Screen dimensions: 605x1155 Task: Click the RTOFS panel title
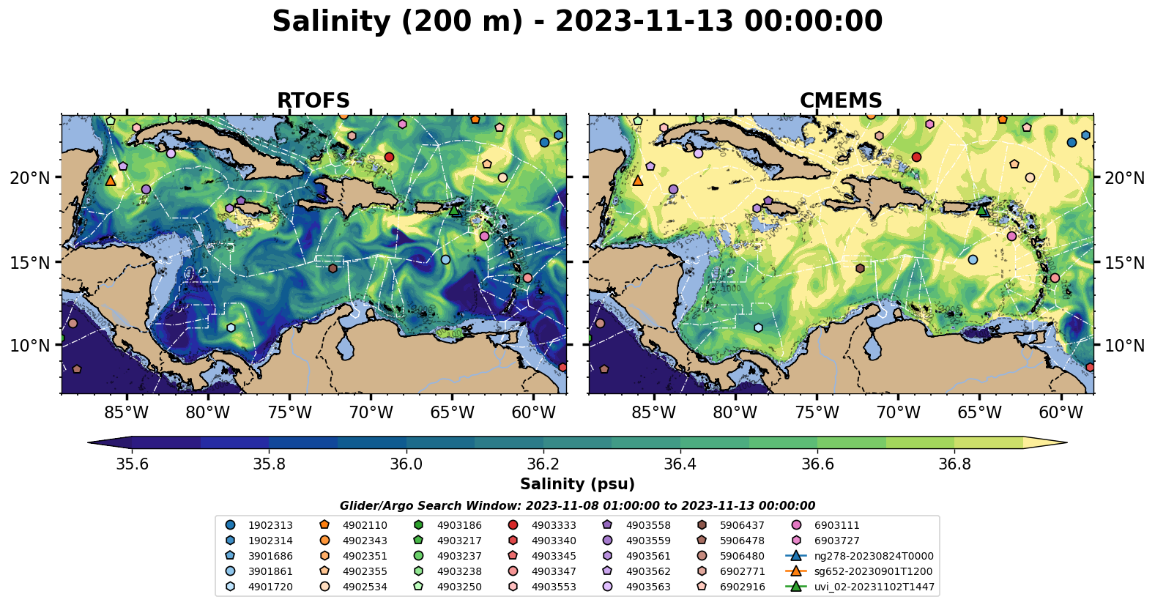click(313, 101)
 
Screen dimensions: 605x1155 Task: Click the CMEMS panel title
click(840, 101)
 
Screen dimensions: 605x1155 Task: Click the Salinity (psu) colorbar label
click(577, 484)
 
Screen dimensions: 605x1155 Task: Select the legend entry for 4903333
click(554, 525)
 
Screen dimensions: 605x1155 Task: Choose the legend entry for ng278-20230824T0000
click(874, 556)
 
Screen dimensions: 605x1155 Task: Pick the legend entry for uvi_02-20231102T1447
click(874, 587)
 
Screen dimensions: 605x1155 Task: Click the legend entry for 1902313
click(270, 525)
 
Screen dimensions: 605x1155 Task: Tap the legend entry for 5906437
click(742, 525)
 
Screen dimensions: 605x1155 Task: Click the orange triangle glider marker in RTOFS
click(111, 180)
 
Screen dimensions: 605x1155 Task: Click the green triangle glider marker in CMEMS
click(982, 210)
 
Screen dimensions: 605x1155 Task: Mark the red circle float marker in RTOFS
click(389, 157)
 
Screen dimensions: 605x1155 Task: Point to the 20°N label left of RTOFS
click(30, 178)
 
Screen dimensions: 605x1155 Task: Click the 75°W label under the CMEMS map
click(817, 412)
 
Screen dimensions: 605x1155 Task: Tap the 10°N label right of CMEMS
click(1124, 345)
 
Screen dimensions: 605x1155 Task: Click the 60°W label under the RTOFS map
click(534, 412)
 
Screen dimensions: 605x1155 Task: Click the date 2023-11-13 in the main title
click(644, 21)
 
